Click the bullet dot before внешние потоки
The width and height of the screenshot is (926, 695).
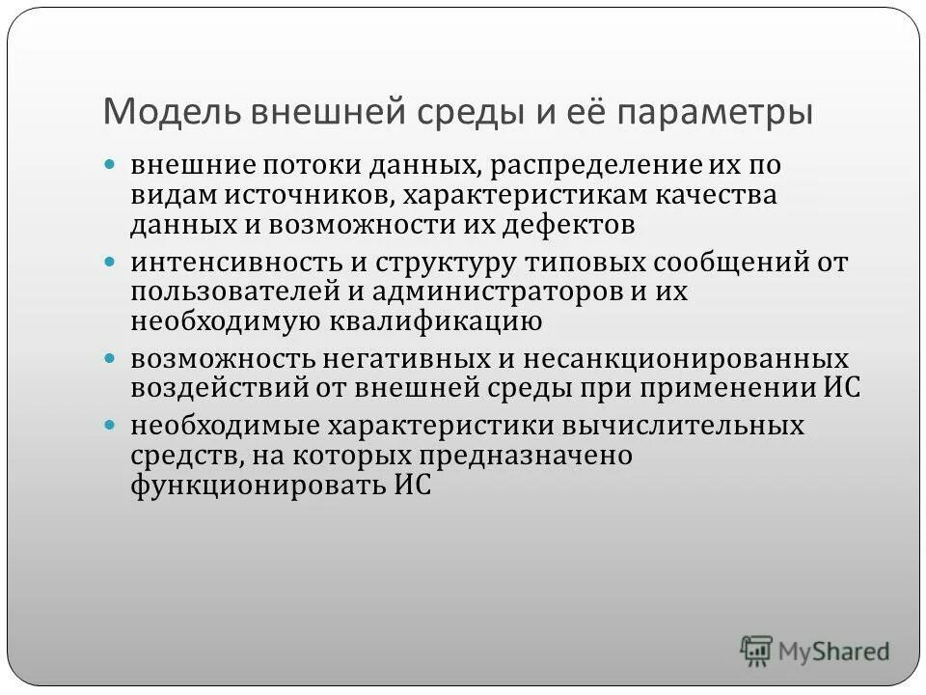(x=111, y=164)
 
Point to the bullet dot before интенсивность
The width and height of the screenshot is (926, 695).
(x=111, y=261)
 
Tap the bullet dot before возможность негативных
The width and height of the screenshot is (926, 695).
(x=111, y=357)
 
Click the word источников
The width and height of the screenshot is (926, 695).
(x=307, y=195)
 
